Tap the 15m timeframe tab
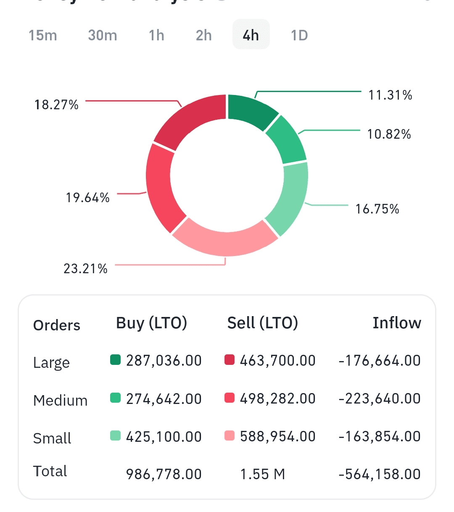(x=43, y=35)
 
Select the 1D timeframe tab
(x=299, y=35)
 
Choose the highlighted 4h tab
(x=251, y=35)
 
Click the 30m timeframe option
(x=103, y=35)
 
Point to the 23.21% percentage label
(x=85, y=268)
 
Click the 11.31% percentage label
(x=390, y=95)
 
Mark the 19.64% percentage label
(x=87, y=197)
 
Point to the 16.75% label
(x=377, y=209)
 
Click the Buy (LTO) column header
(x=151, y=323)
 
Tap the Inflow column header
(x=396, y=323)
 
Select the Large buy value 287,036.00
(x=164, y=361)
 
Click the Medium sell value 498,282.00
(x=277, y=399)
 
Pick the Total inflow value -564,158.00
(x=379, y=474)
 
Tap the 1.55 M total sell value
(x=262, y=474)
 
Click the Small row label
(x=52, y=438)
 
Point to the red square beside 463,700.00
(x=230, y=360)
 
